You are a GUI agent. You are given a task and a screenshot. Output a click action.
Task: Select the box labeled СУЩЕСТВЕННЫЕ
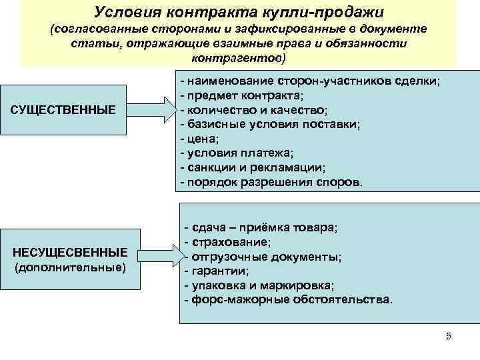click(x=63, y=109)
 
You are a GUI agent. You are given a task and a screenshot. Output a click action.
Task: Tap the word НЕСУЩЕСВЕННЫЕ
click(x=71, y=253)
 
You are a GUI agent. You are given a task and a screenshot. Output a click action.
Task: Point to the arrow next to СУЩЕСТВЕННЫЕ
click(x=151, y=109)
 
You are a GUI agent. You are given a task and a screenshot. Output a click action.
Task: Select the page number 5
click(x=448, y=336)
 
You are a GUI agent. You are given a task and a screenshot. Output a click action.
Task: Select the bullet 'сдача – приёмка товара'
click(x=261, y=227)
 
